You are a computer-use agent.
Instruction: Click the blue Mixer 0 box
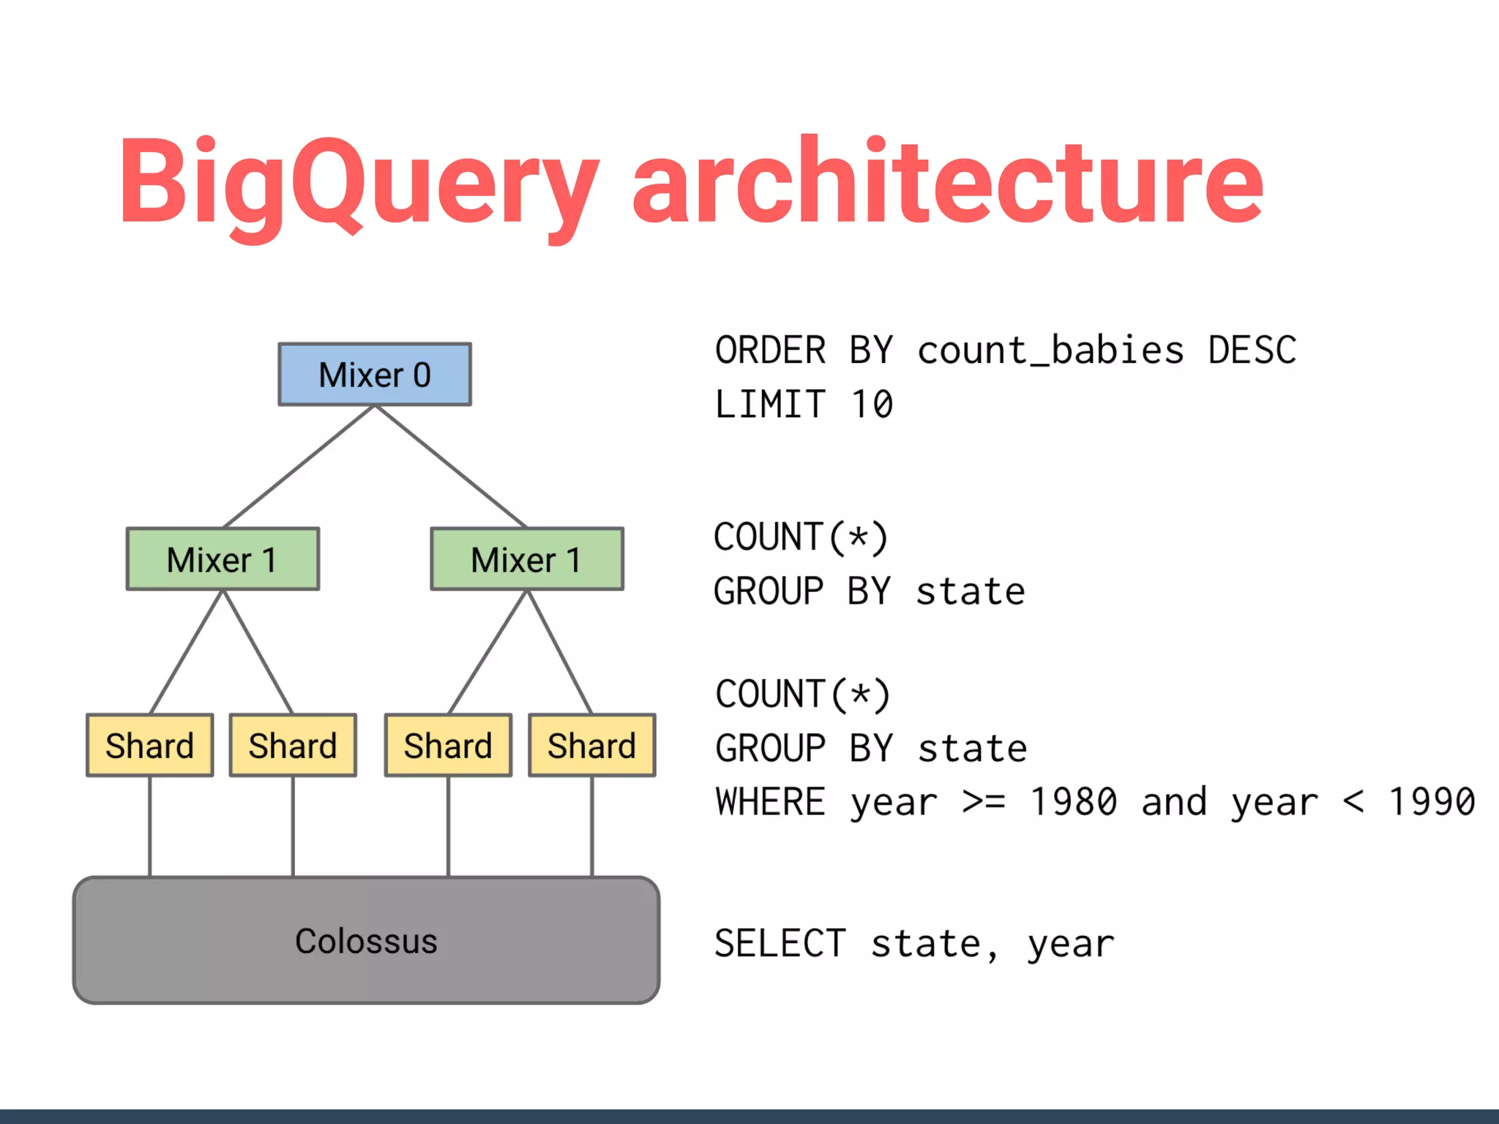click(x=375, y=375)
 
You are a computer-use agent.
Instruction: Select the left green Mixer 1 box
click(x=223, y=560)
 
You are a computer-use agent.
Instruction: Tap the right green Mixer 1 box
click(x=527, y=560)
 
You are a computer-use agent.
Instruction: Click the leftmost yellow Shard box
click(x=150, y=746)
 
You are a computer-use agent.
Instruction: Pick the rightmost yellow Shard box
click(x=592, y=746)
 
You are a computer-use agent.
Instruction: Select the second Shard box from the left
click(x=293, y=746)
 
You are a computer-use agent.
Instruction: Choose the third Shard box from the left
click(x=448, y=746)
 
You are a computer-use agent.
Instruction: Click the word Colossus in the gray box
click(x=366, y=941)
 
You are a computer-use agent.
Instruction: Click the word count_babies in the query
click(x=1050, y=351)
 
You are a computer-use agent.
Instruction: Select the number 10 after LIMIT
click(x=872, y=405)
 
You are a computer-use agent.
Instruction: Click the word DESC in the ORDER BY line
click(x=1252, y=351)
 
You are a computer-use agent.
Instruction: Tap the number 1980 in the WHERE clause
click(x=1073, y=802)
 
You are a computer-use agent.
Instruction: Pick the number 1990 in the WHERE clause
click(x=1432, y=802)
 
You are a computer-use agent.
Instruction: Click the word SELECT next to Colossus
click(x=780, y=943)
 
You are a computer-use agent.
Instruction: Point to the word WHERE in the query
click(x=771, y=802)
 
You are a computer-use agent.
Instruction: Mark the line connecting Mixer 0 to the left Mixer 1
click(x=299, y=467)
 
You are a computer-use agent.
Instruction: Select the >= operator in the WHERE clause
click(x=984, y=802)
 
